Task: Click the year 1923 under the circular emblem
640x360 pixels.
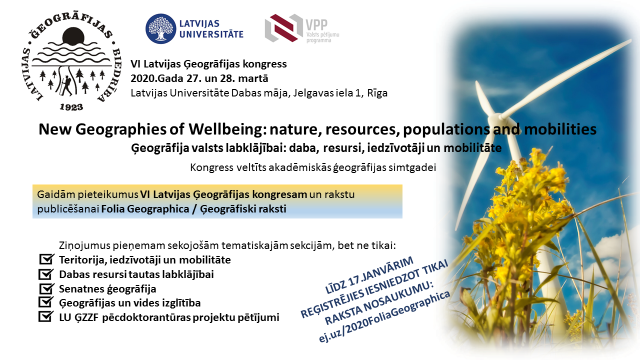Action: tap(71, 107)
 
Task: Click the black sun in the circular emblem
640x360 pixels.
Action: tap(73, 36)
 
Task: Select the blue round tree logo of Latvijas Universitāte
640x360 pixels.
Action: tap(160, 28)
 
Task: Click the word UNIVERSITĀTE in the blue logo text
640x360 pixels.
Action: tap(211, 34)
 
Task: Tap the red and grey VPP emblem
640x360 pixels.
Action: tap(283, 28)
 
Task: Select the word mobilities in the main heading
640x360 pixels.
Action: tap(560, 129)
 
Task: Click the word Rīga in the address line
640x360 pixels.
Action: tap(377, 93)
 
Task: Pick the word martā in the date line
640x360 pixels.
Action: tap(253, 78)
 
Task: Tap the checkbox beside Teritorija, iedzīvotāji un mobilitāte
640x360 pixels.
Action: tap(46, 259)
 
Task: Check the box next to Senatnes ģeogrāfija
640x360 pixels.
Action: tap(46, 288)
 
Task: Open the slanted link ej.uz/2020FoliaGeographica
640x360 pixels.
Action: tap(384, 316)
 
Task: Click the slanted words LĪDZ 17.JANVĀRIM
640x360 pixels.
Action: tap(369, 275)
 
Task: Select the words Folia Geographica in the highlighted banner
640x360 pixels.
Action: tap(145, 209)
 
